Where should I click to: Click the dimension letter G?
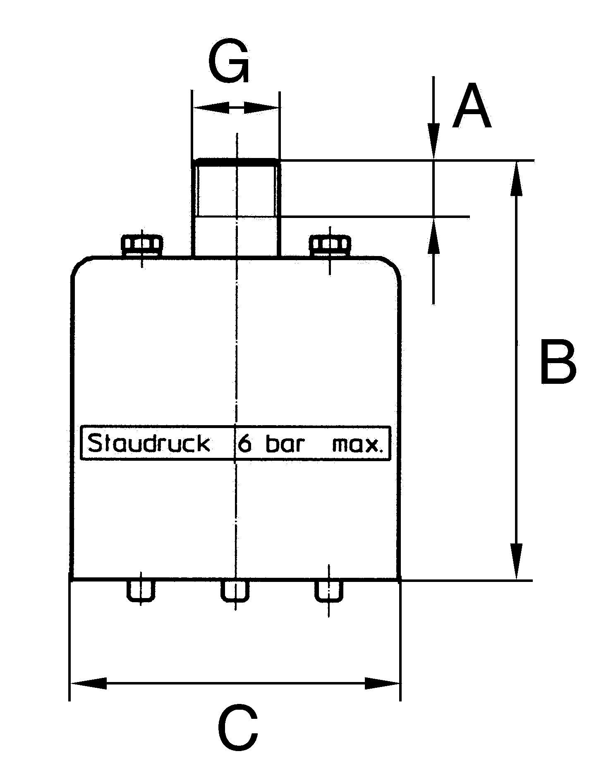[229, 62]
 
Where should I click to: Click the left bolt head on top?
[141, 245]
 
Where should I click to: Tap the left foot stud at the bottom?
[141, 590]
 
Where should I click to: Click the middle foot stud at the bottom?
[235, 590]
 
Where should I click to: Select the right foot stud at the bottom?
[329, 590]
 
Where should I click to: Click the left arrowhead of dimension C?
[88, 683]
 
